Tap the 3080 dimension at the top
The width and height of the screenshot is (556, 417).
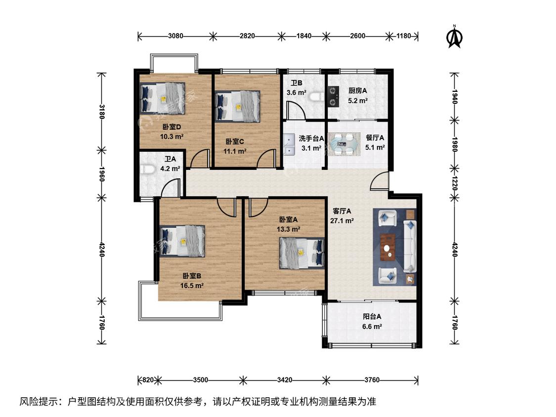(175, 36)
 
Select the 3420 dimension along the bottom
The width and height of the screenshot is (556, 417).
(285, 380)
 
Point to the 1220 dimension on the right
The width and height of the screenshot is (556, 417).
(455, 183)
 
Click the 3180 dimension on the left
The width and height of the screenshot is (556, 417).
(101, 112)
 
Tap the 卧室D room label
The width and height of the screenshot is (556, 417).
(171, 127)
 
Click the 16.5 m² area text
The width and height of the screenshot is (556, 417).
(192, 286)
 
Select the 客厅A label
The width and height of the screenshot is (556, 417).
(342, 211)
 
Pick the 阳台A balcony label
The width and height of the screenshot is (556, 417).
(372, 317)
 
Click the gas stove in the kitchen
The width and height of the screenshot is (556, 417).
(333, 96)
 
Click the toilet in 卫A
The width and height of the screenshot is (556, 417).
(146, 169)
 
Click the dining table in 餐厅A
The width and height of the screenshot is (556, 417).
(342, 144)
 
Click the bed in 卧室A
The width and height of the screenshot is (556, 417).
(302, 253)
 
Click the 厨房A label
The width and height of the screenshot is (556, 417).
(357, 91)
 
